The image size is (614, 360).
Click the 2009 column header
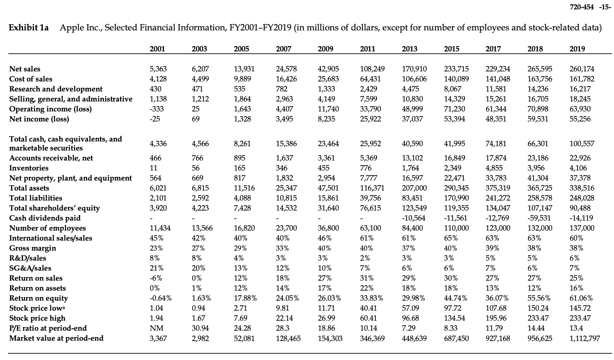tap(326, 49)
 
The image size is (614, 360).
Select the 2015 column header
tap(451, 49)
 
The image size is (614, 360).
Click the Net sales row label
tap(25, 69)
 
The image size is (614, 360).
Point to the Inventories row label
tap(29, 168)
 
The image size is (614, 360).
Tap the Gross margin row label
tap(32, 248)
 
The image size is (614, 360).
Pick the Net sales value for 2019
tap(582, 69)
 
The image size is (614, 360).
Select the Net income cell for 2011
tap(371, 119)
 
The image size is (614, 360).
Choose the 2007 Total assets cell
tap(286, 188)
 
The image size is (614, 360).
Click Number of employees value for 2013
tap(413, 228)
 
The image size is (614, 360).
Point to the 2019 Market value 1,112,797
tap(584, 338)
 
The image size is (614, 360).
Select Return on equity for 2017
tap(497, 298)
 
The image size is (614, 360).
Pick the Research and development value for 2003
tap(198, 89)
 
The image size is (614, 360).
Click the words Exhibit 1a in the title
tap(29, 28)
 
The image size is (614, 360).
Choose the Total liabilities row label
tap(35, 198)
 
